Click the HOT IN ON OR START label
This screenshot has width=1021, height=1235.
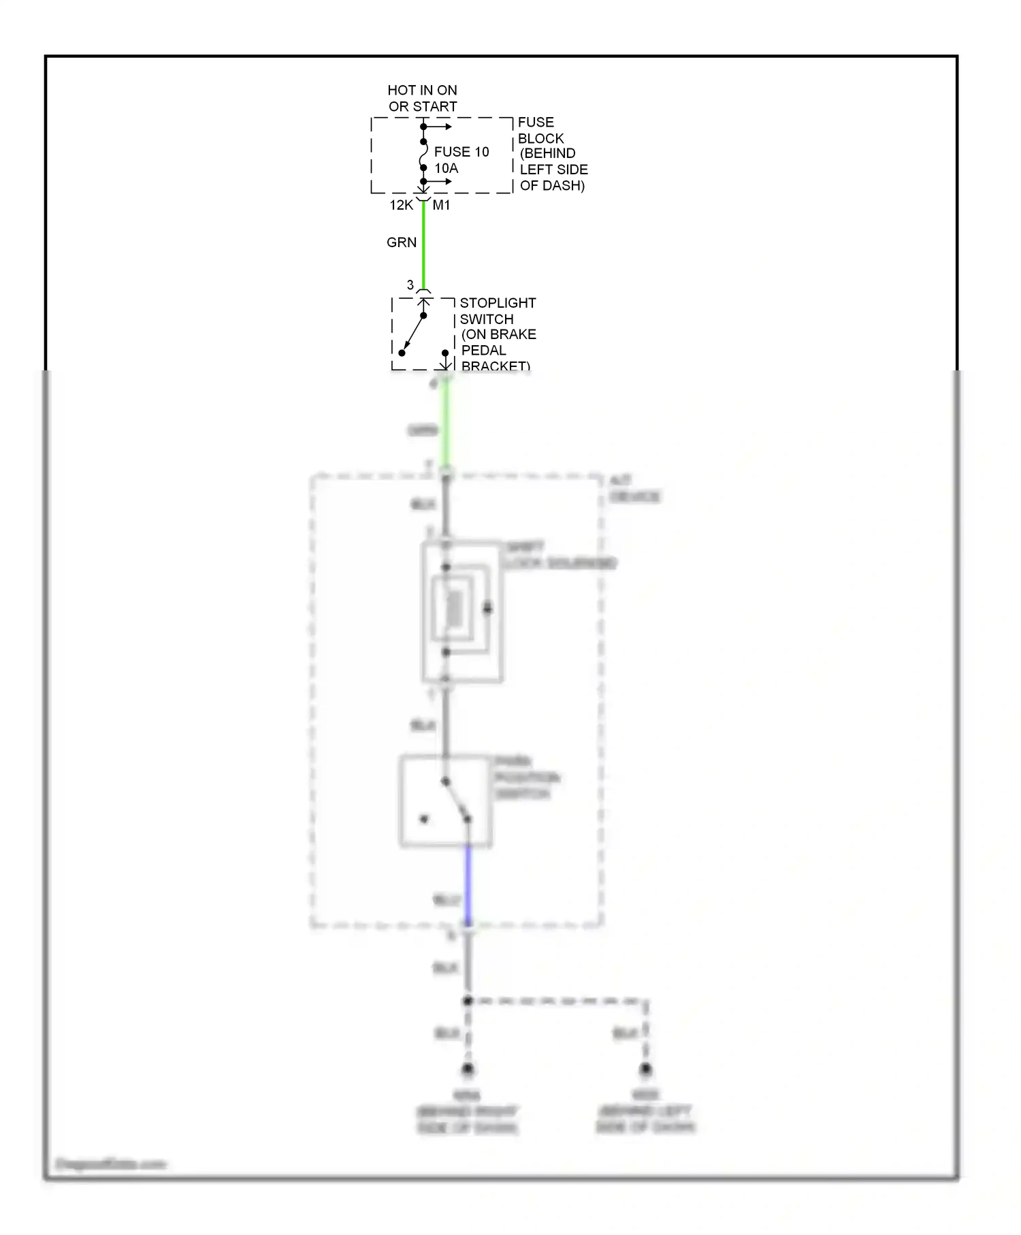pyautogui.click(x=422, y=98)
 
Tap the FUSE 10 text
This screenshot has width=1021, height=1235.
pyautogui.click(x=461, y=152)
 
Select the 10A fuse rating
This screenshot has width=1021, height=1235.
pyautogui.click(x=447, y=168)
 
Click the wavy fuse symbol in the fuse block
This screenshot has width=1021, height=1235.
pyautogui.click(x=423, y=155)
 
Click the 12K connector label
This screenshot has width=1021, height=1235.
pyautogui.click(x=401, y=205)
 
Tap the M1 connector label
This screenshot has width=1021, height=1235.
pyautogui.click(x=442, y=205)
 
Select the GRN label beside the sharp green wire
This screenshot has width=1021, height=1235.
pyautogui.click(x=402, y=242)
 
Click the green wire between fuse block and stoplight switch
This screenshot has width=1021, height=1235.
pyautogui.click(x=423, y=245)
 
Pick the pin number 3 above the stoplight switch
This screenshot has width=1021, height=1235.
pyautogui.click(x=410, y=285)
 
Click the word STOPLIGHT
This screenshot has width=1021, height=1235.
pyautogui.click(x=498, y=303)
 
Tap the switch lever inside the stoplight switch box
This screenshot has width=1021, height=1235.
pyautogui.click(x=413, y=334)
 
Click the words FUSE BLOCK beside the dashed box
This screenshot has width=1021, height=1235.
pyautogui.click(x=540, y=130)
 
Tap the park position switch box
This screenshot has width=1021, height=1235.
pyautogui.click(x=445, y=801)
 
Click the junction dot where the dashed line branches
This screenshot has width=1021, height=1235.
pyautogui.click(x=468, y=1001)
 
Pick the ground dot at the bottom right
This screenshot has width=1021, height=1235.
pyautogui.click(x=645, y=1069)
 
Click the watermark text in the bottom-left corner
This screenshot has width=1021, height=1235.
pyautogui.click(x=111, y=1164)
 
